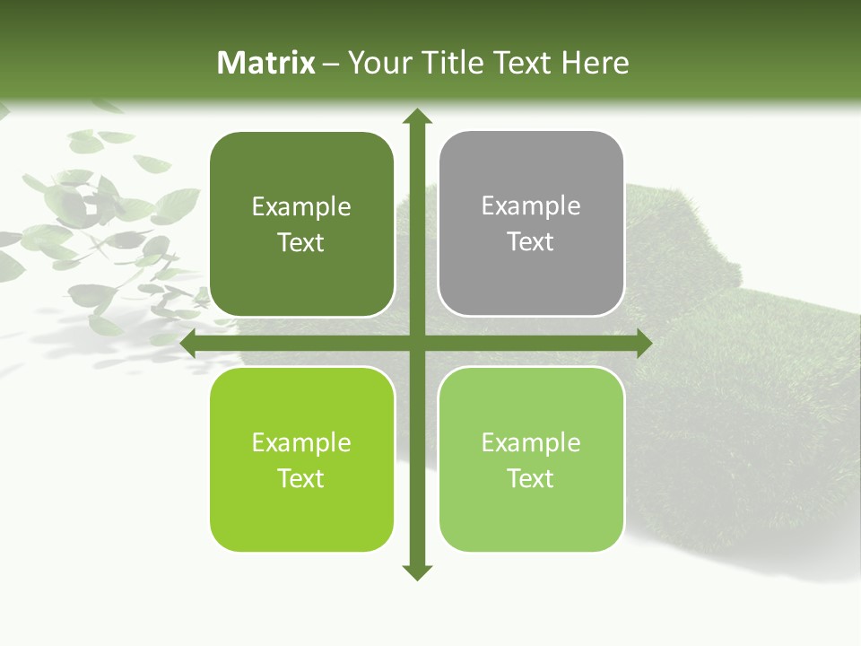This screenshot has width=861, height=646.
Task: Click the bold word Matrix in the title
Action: (266, 63)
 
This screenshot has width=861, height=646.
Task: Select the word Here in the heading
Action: (595, 63)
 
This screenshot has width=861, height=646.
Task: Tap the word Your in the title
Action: (378, 63)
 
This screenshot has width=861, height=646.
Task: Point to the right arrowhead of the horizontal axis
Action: (643, 343)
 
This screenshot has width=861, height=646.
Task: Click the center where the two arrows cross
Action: (416, 343)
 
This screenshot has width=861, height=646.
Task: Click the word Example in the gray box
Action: (531, 205)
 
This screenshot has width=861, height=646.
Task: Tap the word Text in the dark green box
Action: (301, 242)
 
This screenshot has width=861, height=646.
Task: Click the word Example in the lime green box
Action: (301, 442)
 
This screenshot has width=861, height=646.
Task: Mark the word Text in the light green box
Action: (531, 478)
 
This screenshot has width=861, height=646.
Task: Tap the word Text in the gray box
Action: (531, 241)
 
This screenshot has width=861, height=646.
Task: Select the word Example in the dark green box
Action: (301, 206)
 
